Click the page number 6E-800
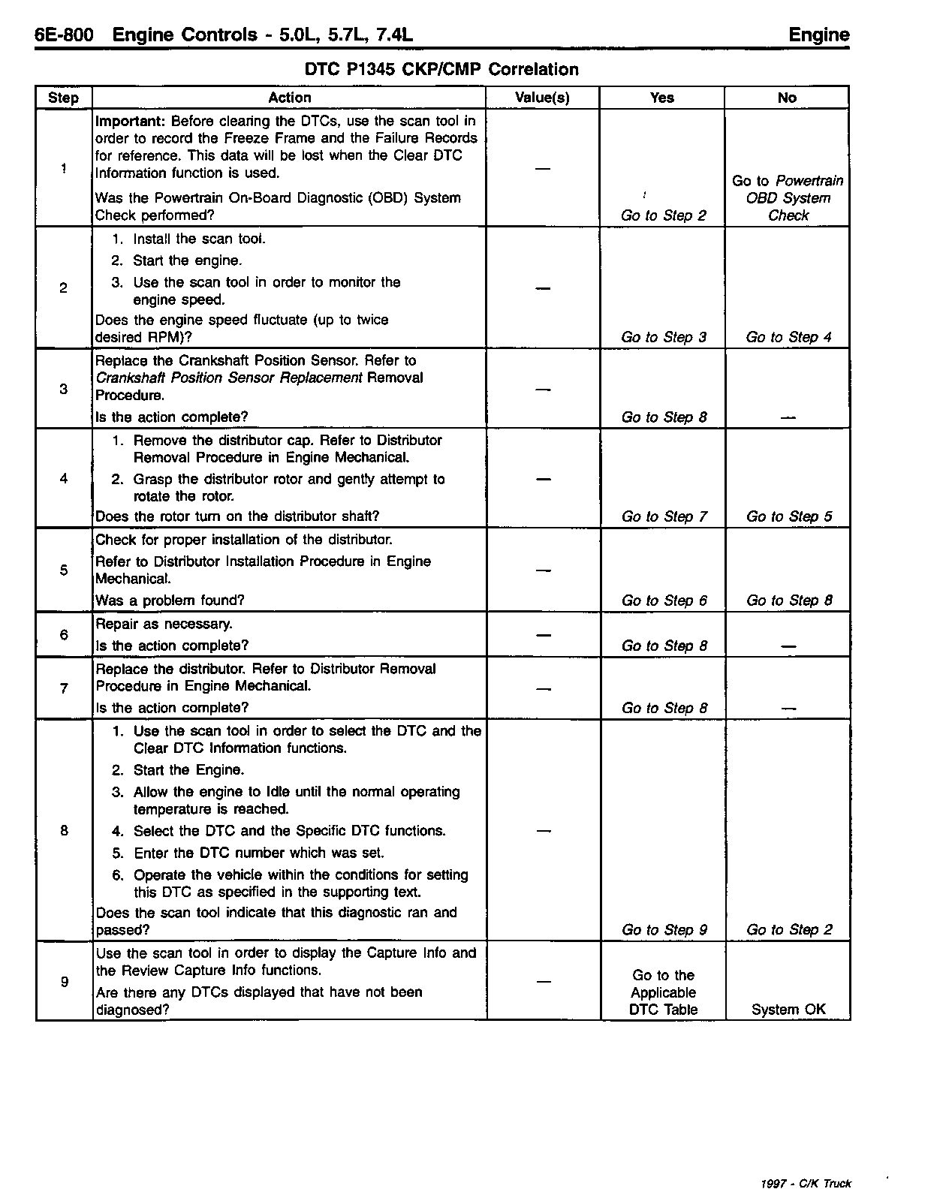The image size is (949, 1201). [x=64, y=35]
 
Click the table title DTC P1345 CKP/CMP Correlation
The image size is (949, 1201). [x=441, y=70]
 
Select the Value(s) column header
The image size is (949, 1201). [x=542, y=98]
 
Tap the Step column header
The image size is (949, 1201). [x=63, y=98]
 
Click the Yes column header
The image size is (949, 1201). [x=661, y=98]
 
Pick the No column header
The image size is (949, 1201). [x=787, y=98]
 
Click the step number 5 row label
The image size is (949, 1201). [x=64, y=570]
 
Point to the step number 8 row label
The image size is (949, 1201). [x=64, y=830]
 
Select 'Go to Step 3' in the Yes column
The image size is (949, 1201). [x=664, y=337]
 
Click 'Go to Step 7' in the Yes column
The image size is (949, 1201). [x=664, y=516]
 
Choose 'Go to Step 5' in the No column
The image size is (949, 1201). [x=789, y=516]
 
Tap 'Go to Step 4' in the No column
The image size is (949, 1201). [x=788, y=337]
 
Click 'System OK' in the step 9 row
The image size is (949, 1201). [x=788, y=1010]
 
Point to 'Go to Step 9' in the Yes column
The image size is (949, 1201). [x=664, y=929]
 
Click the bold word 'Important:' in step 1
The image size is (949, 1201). [x=131, y=121]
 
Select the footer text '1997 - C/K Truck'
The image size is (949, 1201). [x=806, y=1184]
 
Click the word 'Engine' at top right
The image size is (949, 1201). [x=819, y=35]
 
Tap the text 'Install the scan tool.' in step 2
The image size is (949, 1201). [x=199, y=239]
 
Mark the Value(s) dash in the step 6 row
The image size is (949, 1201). [x=543, y=635]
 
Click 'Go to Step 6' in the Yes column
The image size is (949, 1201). [x=664, y=600]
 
